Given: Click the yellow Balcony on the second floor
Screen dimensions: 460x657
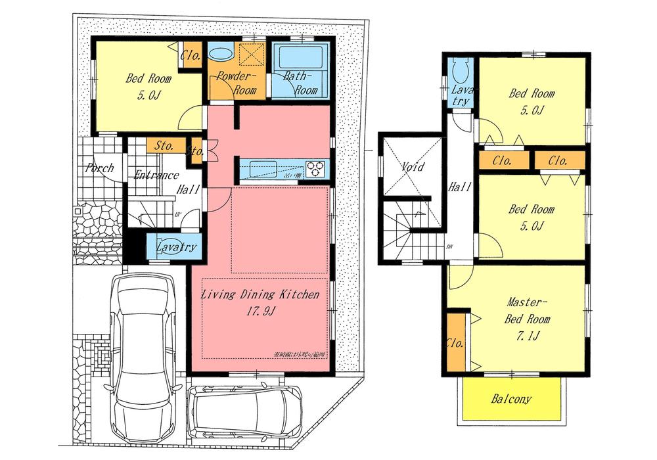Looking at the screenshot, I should tap(511, 399).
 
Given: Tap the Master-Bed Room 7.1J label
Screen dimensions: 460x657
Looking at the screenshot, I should tap(526, 319).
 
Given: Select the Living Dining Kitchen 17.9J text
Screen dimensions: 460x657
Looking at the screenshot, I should tap(260, 303).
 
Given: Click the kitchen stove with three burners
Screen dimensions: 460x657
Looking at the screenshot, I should tap(316, 168).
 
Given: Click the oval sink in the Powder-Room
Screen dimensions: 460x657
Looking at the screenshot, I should tap(219, 53).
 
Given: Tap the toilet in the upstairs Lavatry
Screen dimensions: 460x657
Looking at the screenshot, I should tap(459, 68).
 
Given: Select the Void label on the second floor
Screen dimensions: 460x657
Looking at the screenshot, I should tap(413, 168).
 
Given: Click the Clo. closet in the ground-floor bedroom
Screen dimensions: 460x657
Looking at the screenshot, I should tap(191, 55).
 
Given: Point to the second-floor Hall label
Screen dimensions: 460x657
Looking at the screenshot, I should tap(459, 188).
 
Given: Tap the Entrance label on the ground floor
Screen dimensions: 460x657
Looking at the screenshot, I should tap(156, 175).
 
